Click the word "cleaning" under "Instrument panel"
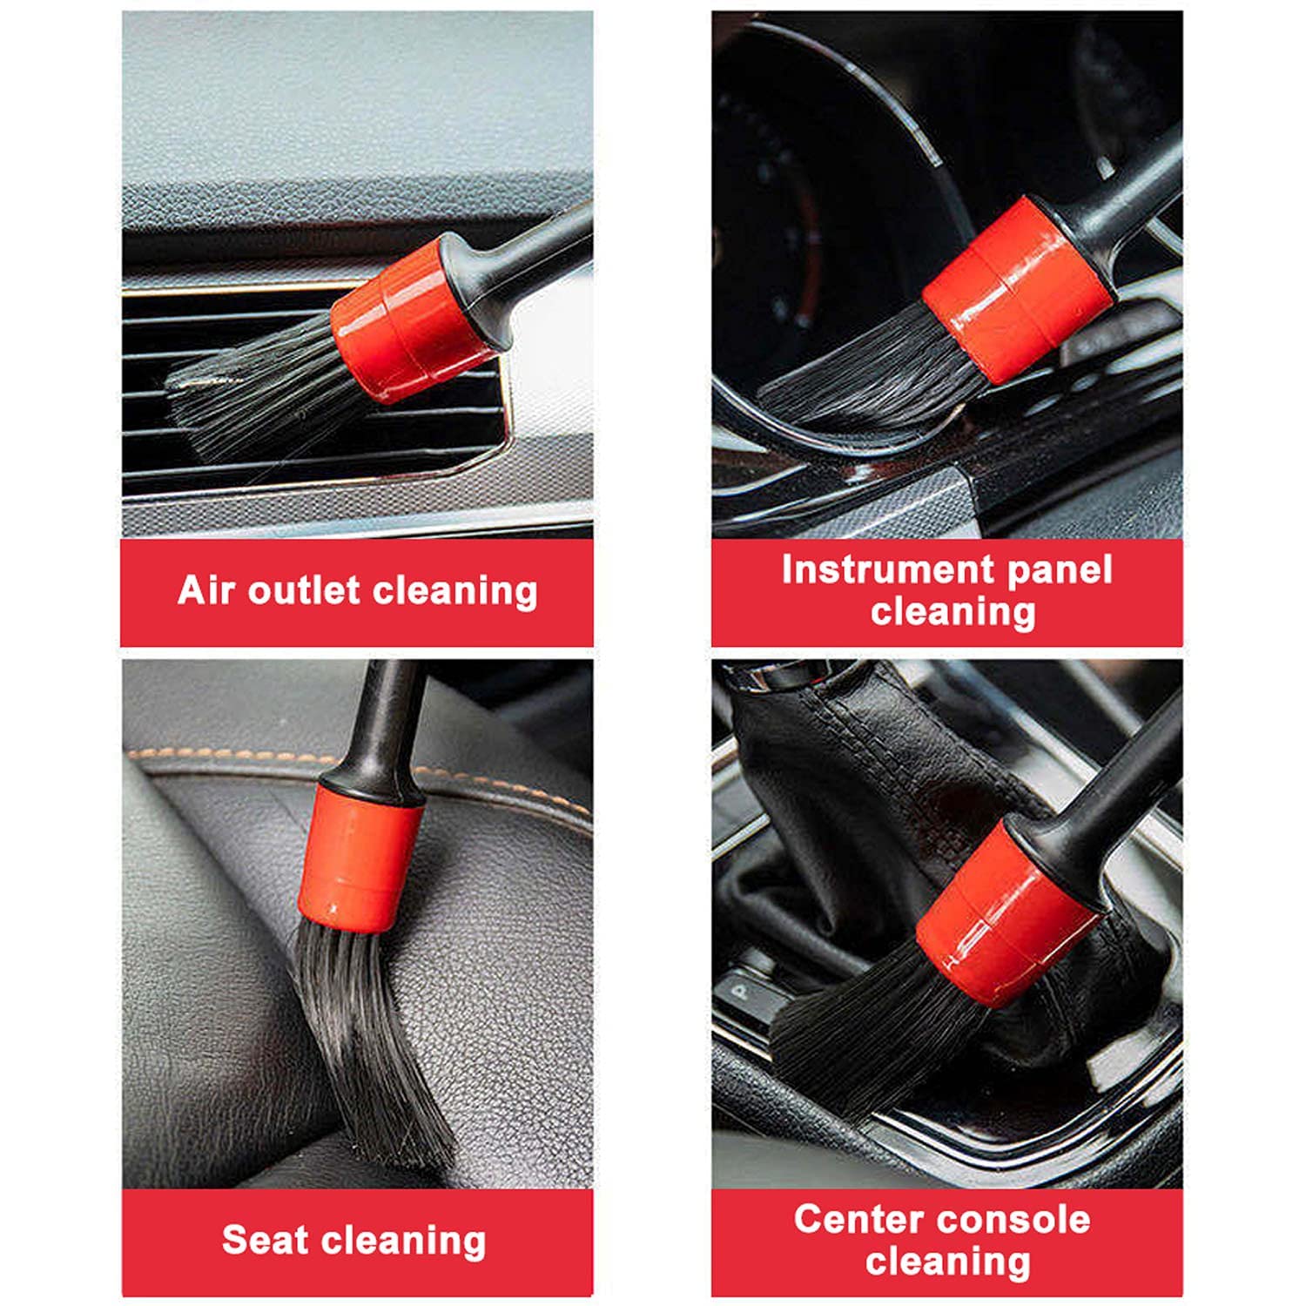[x=953, y=612]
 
